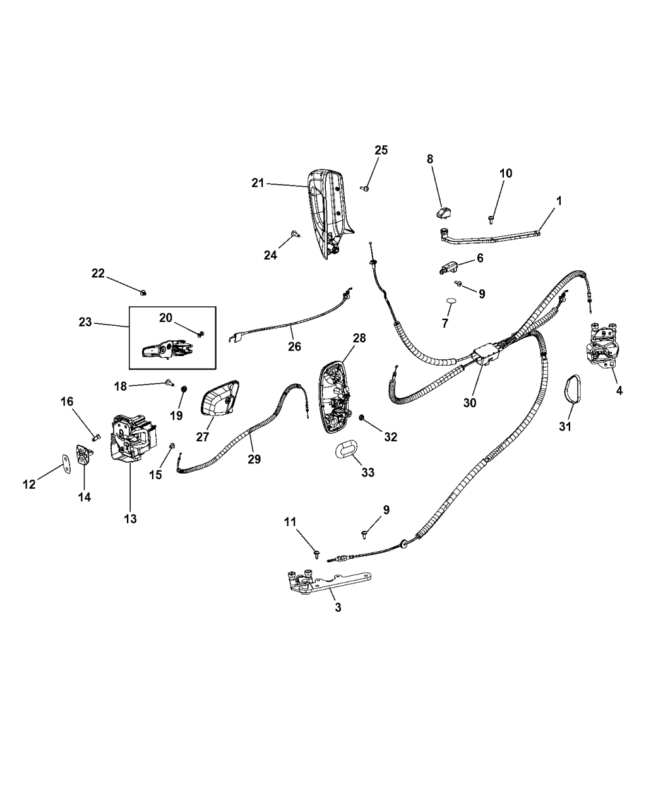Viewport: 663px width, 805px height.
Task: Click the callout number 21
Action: [257, 184]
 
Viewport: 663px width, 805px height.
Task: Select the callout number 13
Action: [130, 518]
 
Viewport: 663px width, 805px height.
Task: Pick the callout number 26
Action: [294, 346]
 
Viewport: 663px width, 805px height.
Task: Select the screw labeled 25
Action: [366, 188]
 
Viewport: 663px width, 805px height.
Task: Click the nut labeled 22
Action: [143, 292]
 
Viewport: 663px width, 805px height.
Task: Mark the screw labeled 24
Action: [295, 235]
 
